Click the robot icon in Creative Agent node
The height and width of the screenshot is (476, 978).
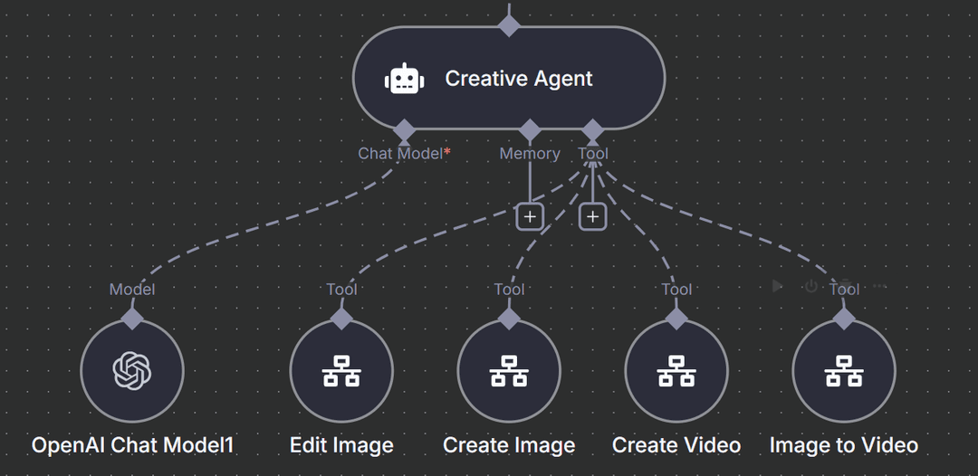pos(404,79)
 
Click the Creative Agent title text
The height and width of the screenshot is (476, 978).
pos(519,79)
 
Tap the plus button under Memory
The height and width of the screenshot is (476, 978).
pos(529,217)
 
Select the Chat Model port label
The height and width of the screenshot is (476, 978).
pos(400,154)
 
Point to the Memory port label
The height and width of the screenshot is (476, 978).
pos(530,154)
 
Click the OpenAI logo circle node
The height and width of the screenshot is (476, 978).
pos(132,371)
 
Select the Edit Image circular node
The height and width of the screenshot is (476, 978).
pos(341,371)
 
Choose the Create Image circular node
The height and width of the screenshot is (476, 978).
pos(509,371)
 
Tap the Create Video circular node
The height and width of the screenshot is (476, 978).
pos(676,371)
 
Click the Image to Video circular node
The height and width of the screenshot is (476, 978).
pos(844,371)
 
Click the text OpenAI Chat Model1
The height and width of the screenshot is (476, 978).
pos(133,445)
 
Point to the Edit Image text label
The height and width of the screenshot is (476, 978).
pos(341,445)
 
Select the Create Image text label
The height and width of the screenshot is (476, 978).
pos(509,445)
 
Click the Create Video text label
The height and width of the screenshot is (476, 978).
pos(676,445)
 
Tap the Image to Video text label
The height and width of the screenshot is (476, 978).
pos(844,445)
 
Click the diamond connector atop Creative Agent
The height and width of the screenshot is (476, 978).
pos(509,24)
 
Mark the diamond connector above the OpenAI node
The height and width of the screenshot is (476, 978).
pos(132,318)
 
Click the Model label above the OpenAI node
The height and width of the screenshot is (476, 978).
pos(132,290)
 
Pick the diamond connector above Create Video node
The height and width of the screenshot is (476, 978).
pos(676,318)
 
